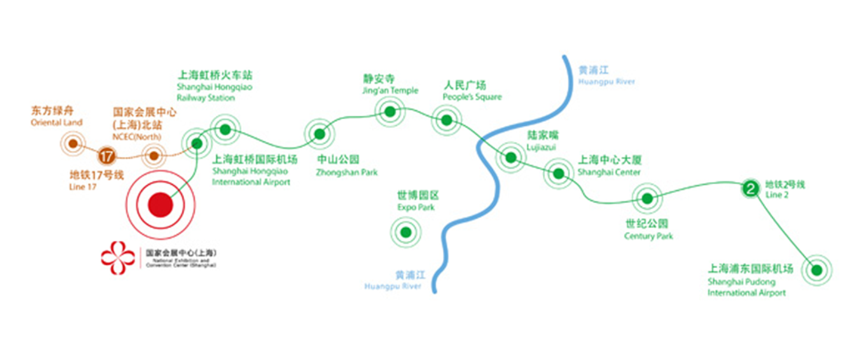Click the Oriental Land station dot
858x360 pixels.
(x=73, y=144)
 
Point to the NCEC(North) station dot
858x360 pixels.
(x=154, y=156)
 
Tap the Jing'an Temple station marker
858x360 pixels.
(x=390, y=111)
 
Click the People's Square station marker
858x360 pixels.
(x=447, y=120)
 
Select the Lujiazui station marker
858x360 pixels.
(x=511, y=157)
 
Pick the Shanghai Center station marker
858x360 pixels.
(x=559, y=173)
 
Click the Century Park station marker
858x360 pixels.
(x=647, y=198)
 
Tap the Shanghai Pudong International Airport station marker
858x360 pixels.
(x=816, y=271)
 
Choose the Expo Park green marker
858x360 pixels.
(x=406, y=232)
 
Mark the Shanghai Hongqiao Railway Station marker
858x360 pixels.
(x=225, y=129)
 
